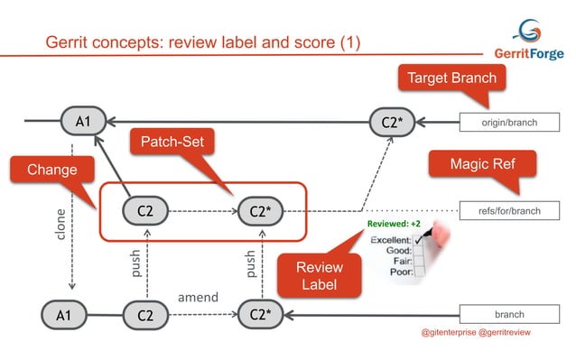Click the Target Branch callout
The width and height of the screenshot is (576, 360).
point(451,78)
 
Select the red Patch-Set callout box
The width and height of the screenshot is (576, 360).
point(169,143)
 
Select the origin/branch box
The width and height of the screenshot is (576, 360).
point(511,121)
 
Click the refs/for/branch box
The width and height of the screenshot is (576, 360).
point(511,211)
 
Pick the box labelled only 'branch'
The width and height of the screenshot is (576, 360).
point(511,315)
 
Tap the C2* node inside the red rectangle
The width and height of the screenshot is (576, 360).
point(260,211)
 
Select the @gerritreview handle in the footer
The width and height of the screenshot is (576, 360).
point(509,333)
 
